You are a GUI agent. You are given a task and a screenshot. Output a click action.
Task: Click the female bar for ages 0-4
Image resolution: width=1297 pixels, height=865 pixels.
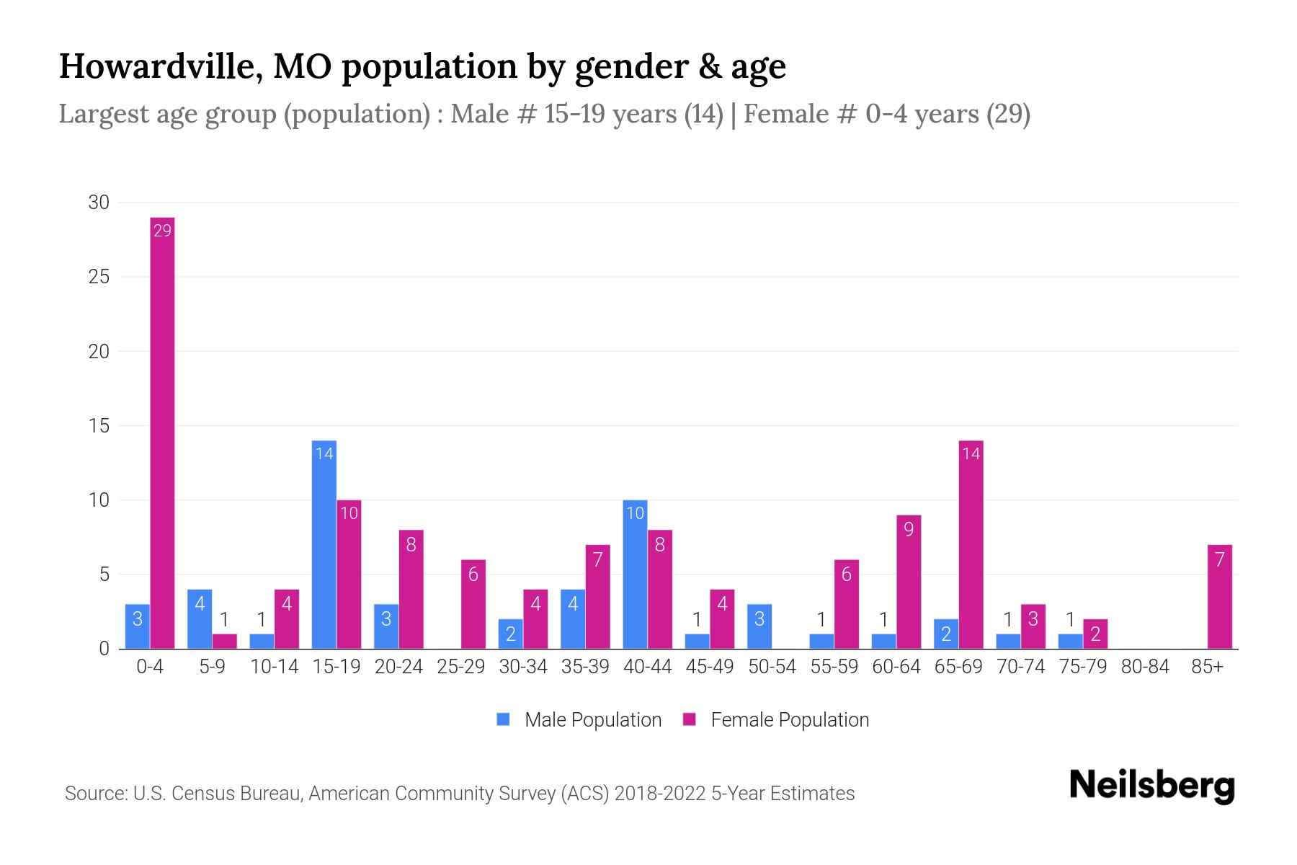(x=162, y=432)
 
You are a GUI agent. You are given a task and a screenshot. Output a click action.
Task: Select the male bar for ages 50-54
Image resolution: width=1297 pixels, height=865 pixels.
(x=759, y=626)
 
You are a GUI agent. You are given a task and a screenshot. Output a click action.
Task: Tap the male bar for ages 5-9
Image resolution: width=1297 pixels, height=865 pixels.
(x=200, y=619)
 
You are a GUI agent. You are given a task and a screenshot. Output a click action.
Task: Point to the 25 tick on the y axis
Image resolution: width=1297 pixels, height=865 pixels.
(x=99, y=277)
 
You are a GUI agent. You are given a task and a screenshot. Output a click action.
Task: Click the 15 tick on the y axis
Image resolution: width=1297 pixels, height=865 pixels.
(x=99, y=426)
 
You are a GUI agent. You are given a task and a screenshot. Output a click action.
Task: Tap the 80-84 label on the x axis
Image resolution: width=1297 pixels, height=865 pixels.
(x=1145, y=667)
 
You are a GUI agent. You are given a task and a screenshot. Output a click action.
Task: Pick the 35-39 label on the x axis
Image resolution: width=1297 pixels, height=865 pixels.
(x=585, y=667)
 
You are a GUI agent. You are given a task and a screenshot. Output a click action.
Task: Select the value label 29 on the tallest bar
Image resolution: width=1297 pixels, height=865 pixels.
(x=162, y=231)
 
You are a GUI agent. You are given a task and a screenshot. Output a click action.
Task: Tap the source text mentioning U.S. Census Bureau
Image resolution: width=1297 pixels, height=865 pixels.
(x=459, y=794)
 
